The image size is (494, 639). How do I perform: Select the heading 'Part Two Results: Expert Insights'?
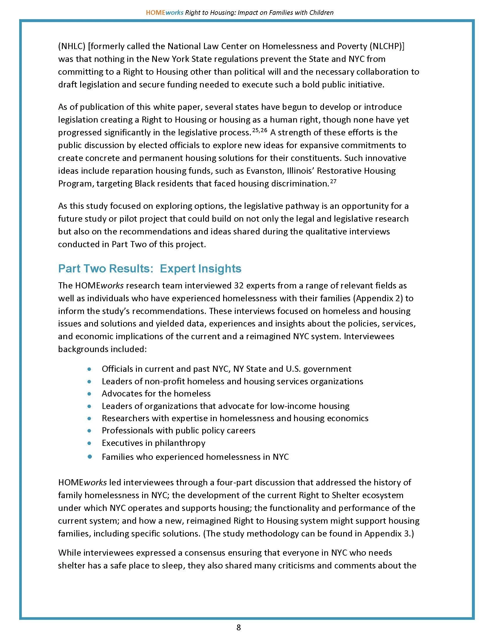(150, 268)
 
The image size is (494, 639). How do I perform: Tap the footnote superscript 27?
(333, 182)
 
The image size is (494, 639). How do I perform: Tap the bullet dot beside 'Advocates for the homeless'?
(90, 394)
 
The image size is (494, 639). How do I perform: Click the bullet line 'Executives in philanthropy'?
(153, 443)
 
